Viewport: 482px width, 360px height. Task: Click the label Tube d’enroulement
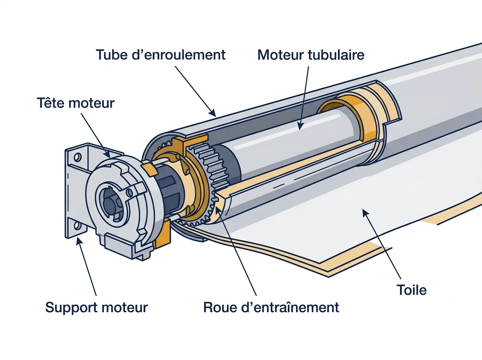coord(161,55)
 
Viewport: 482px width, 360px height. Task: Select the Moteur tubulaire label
coord(311,55)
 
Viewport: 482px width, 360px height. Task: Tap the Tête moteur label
coord(76,103)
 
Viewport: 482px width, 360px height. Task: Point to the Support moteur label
coord(96,307)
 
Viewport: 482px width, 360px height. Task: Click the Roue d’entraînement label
coord(271,307)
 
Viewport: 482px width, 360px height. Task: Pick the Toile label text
coord(412,290)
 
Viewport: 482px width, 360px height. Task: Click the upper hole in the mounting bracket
coord(78,157)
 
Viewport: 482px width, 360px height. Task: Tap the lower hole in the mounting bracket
coord(77,225)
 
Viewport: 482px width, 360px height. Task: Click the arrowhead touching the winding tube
coord(212,112)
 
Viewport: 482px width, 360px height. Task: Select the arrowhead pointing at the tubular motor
coord(300,126)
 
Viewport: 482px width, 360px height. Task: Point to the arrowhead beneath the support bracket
coord(80,241)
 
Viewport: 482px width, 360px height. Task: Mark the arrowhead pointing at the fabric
coord(366,213)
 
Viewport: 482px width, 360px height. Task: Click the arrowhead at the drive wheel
coord(218,211)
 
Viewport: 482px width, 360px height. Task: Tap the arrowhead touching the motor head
coord(107,154)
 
